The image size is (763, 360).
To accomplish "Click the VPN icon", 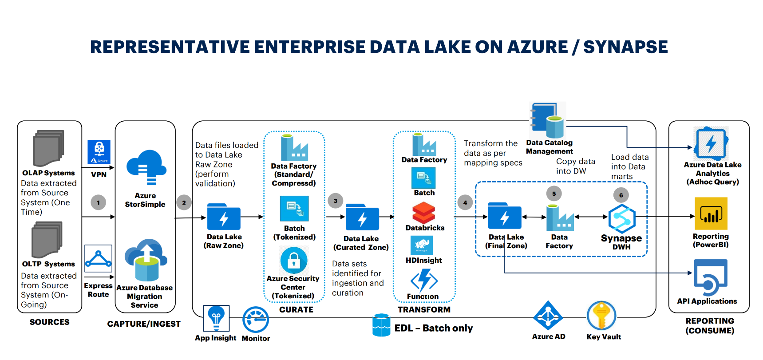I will click(99, 152).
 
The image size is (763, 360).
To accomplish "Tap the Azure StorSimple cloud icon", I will click(146, 167).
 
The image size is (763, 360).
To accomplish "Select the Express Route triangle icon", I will click(98, 258).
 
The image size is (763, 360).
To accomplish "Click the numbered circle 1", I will click(99, 202).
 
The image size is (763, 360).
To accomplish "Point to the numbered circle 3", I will click(336, 201).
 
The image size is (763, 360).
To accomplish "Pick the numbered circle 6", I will click(621, 195).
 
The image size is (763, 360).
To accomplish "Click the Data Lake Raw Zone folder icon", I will click(224, 217).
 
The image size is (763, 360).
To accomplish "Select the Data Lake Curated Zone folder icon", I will click(362, 218).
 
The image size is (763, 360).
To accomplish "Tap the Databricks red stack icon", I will click(424, 213).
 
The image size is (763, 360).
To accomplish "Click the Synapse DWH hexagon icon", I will click(622, 218).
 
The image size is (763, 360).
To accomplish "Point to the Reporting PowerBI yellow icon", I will click(711, 214).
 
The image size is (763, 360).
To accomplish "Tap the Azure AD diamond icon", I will click(548, 316).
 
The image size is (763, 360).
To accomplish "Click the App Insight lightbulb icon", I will click(216, 318).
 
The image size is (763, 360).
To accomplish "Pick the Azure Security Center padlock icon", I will click(294, 260).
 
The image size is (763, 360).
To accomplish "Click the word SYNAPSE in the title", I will click(625, 47).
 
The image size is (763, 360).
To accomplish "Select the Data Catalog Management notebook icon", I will click(547, 120).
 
